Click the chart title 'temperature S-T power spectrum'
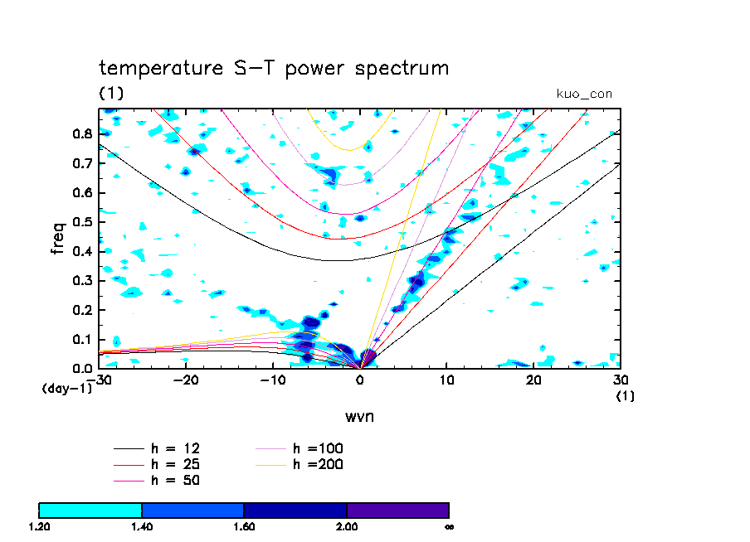click(x=274, y=68)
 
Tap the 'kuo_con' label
click(x=584, y=94)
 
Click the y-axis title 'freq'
click(x=58, y=238)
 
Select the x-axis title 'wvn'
click(x=360, y=415)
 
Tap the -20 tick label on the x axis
click(x=186, y=380)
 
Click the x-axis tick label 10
click(x=446, y=380)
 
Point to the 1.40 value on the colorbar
click(x=142, y=526)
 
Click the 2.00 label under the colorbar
click(x=347, y=526)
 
